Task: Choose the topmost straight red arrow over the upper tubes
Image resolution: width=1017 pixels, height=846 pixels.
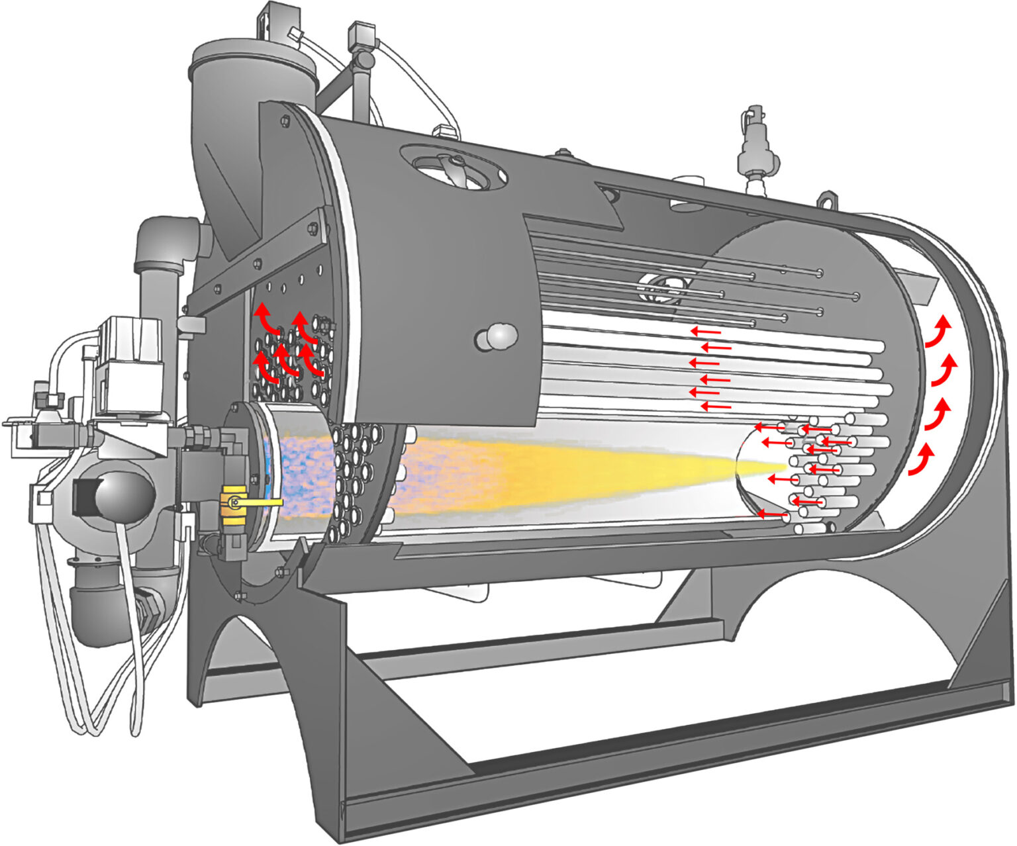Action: pos(704,330)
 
